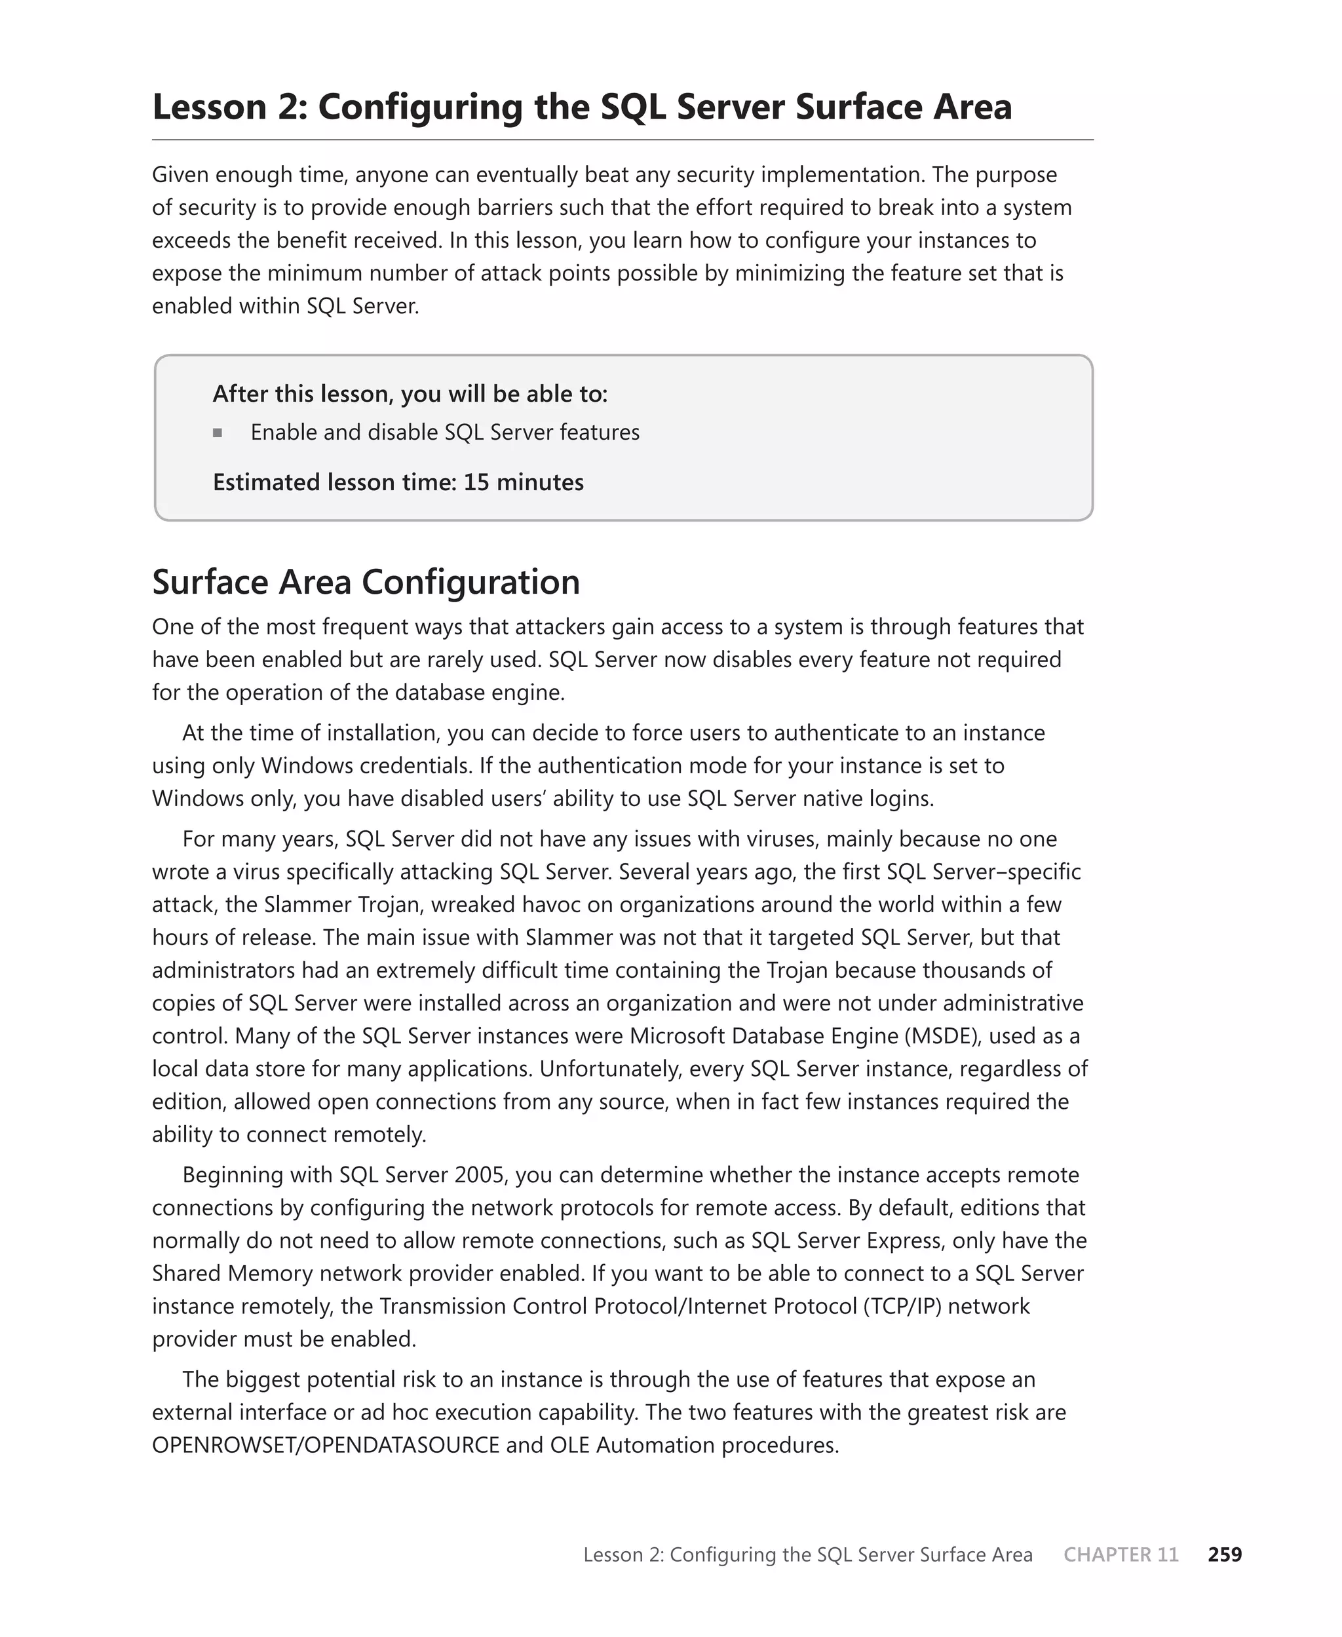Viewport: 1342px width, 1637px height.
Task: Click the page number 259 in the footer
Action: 1225,1554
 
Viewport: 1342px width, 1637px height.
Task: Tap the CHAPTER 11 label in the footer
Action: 1121,1554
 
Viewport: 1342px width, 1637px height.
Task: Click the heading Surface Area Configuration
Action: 366,582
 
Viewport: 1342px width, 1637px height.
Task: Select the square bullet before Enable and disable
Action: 218,433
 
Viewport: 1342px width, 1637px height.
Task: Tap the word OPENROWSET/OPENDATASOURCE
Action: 326,1446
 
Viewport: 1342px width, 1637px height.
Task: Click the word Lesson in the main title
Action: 209,107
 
